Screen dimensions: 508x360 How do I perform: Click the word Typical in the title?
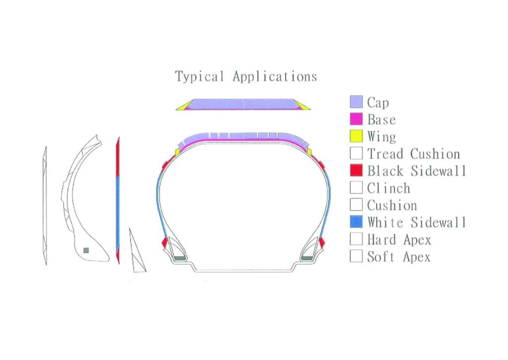coord(199,77)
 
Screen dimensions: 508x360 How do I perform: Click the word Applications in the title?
coord(275,77)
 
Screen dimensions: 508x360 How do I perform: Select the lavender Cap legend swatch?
coord(356,102)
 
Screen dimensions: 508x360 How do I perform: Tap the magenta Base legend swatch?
coord(356,119)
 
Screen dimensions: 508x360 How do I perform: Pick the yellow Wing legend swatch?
coord(356,136)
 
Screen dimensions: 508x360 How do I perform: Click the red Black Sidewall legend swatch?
coord(356,170)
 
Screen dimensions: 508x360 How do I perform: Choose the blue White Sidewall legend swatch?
coord(356,222)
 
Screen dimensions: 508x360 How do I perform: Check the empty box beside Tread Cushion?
coord(356,153)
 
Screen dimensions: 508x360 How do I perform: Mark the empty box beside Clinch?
coord(356,188)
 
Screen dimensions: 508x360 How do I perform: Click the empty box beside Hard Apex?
coord(356,239)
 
